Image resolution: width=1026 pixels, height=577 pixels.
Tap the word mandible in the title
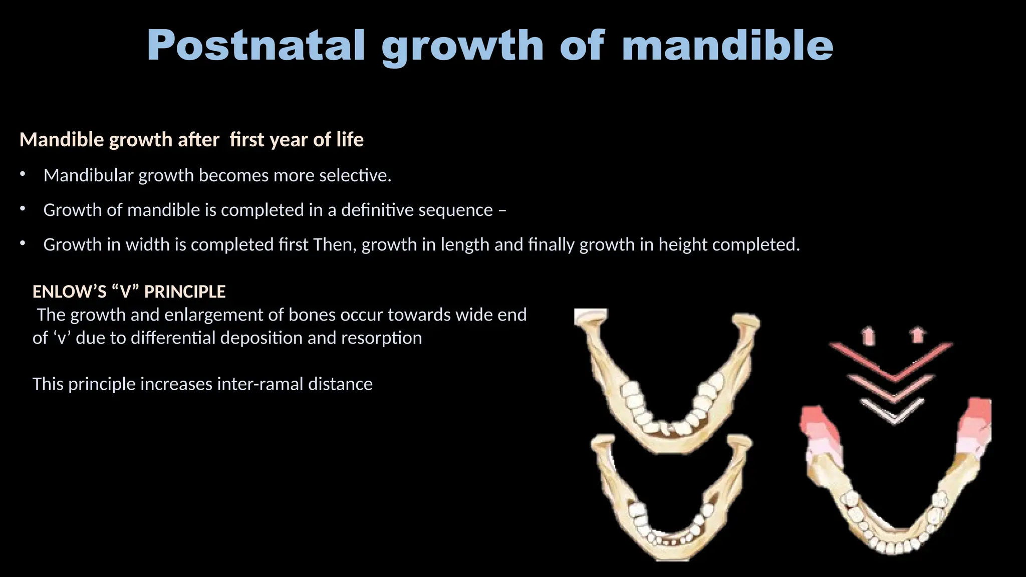pos(727,46)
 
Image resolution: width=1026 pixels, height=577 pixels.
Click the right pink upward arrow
pos(917,335)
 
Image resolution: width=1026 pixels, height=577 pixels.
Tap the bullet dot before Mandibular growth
pos(22,175)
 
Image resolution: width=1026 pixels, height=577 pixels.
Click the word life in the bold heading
pos(350,140)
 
